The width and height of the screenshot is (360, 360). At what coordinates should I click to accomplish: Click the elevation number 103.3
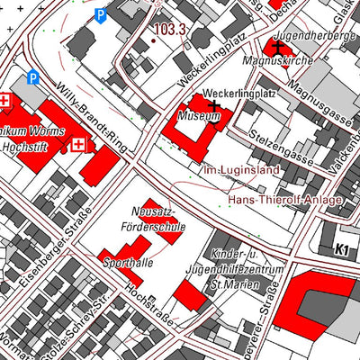169,30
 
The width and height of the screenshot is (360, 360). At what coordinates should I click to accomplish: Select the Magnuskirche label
276,61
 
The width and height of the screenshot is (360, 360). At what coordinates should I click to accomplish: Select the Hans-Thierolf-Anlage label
285,199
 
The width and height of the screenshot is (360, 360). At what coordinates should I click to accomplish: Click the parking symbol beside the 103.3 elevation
101,15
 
